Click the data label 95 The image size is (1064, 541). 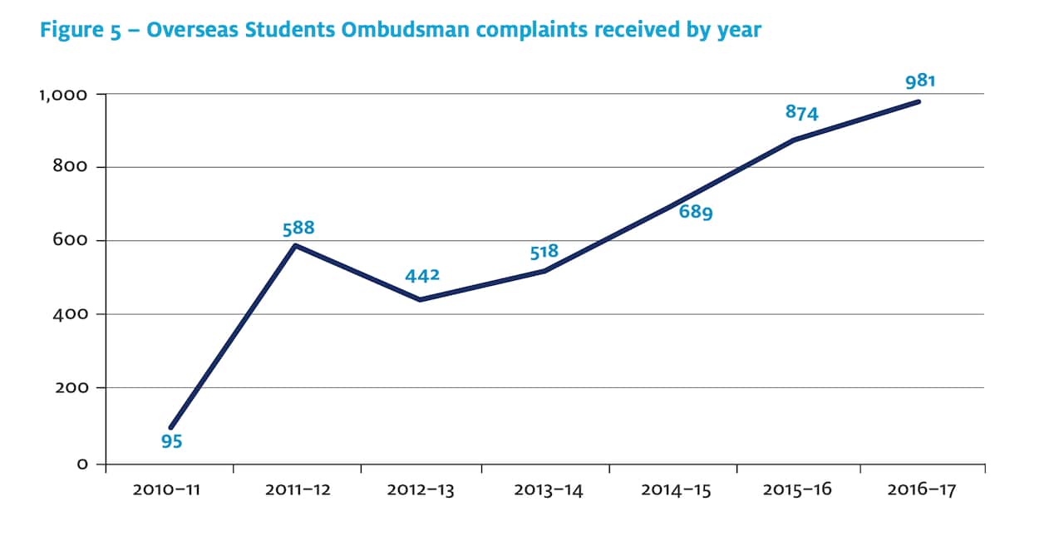click(x=172, y=442)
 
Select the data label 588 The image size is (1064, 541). click(x=298, y=228)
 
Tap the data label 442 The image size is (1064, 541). click(x=421, y=276)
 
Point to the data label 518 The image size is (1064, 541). click(x=544, y=251)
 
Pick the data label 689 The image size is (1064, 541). click(x=696, y=212)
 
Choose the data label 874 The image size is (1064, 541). click(x=802, y=112)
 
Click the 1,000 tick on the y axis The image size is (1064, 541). click(x=63, y=95)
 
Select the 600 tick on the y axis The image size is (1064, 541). click(x=71, y=241)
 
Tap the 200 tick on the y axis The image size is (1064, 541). click(x=71, y=388)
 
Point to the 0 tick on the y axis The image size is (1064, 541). click(x=82, y=465)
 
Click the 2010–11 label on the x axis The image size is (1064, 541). click(x=166, y=490)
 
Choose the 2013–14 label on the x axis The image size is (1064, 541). click(x=549, y=490)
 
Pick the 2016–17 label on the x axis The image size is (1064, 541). click(x=922, y=490)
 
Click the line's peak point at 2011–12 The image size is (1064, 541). click(x=296, y=245)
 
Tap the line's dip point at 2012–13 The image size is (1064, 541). click(x=420, y=300)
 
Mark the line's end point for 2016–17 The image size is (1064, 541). click(x=919, y=101)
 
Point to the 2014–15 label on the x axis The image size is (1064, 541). click(x=676, y=490)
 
